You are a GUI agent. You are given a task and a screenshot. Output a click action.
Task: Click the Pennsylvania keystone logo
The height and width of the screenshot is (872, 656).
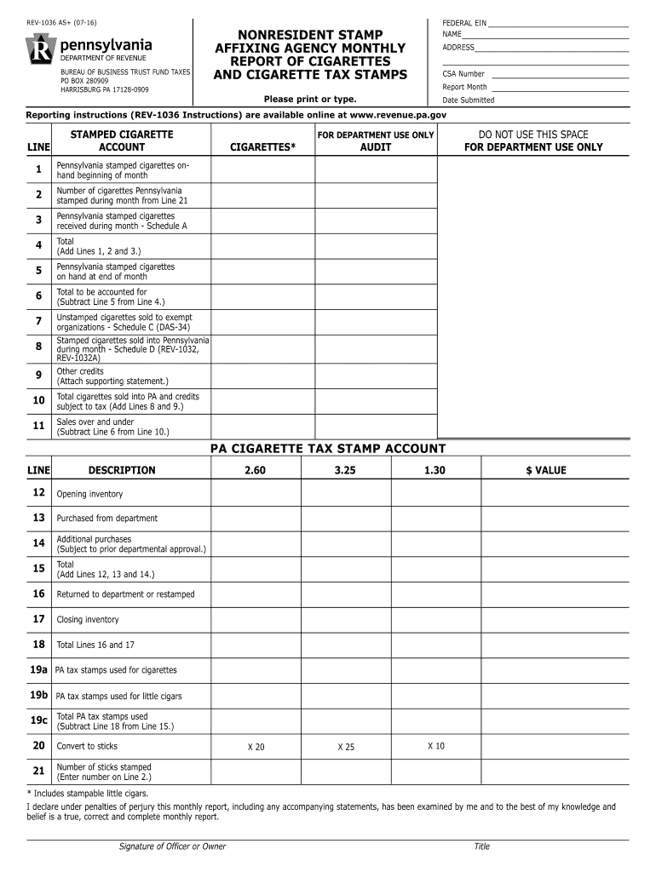(42, 51)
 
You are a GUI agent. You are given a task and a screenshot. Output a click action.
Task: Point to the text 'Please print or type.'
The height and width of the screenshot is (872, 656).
(310, 100)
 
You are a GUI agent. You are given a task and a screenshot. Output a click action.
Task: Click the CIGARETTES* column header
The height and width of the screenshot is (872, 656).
(263, 147)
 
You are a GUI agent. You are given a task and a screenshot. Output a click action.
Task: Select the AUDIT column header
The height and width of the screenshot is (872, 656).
(376, 147)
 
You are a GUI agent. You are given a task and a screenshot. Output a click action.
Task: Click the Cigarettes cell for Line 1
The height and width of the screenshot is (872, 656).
(263, 170)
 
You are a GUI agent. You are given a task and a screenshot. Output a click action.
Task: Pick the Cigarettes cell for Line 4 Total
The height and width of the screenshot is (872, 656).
(263, 246)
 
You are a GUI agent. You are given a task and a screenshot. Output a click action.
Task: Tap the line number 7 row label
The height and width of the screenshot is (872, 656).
(38, 322)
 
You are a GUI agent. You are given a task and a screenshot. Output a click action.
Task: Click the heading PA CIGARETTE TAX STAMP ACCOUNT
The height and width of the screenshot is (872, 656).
(328, 449)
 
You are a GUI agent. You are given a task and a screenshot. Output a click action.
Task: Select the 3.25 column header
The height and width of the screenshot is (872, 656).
(345, 470)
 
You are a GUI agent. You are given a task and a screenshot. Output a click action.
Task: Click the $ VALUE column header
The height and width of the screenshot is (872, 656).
(545, 470)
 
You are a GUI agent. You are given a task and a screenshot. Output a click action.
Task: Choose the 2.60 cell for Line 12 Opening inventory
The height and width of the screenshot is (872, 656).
(255, 493)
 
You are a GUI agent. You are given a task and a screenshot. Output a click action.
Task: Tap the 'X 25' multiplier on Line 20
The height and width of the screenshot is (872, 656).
(346, 747)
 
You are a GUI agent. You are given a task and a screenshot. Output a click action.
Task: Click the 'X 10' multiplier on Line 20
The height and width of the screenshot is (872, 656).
(436, 746)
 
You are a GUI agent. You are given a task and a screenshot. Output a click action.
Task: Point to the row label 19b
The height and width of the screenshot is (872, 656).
(38, 696)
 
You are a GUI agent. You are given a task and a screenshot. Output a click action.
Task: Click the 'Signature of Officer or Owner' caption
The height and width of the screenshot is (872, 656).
(173, 846)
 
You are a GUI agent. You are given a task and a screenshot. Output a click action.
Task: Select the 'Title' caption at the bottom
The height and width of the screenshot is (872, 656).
(482, 846)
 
